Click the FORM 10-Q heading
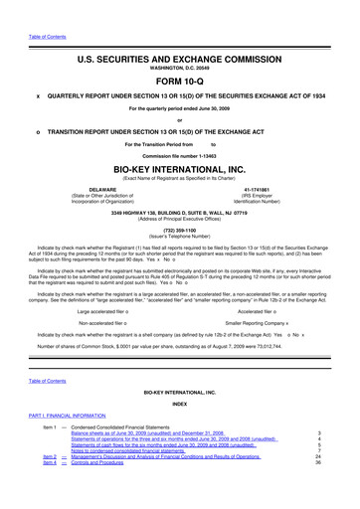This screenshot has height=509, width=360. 179,84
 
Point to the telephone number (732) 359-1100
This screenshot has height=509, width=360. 179,226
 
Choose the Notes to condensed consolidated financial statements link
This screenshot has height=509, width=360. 128,477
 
